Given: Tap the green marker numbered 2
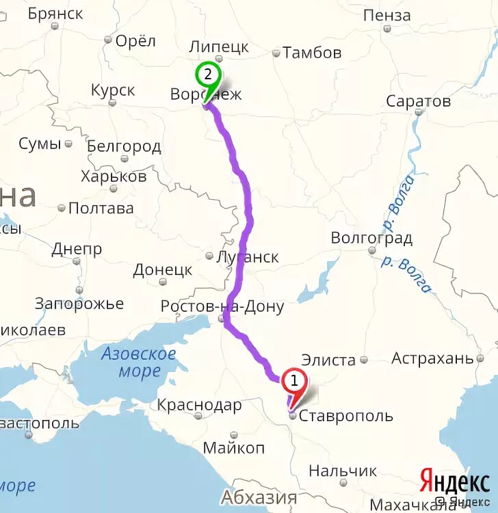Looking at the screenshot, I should (x=207, y=75).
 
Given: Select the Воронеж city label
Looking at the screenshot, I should (x=206, y=94).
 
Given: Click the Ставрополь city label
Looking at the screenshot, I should (x=347, y=416).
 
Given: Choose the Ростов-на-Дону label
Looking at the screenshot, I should (x=222, y=306).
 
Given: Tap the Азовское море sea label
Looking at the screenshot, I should (x=139, y=363).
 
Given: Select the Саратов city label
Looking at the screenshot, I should (x=419, y=101).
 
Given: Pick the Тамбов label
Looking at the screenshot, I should (x=312, y=52).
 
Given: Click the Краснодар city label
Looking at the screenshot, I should (x=199, y=405).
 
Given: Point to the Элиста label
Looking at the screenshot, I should (x=329, y=360).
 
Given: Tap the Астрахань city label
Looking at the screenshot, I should (x=432, y=358).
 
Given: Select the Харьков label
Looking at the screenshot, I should (x=114, y=176).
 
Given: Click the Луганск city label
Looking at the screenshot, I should (x=247, y=257).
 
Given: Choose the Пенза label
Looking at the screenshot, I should (x=387, y=14).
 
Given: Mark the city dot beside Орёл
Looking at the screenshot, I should (x=107, y=40).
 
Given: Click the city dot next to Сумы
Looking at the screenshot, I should (x=68, y=144).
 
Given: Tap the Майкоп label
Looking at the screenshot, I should (x=234, y=448).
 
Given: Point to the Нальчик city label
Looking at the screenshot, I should (x=343, y=471).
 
